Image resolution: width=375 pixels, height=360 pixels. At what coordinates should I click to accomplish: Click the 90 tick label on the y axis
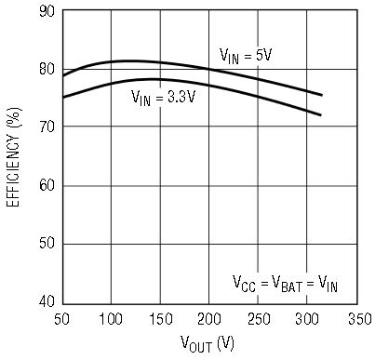(x=47, y=11)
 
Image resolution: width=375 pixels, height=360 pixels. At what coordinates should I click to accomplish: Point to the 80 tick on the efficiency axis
(x=47, y=69)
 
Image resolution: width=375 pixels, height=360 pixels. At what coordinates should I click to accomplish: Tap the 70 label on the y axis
(x=47, y=127)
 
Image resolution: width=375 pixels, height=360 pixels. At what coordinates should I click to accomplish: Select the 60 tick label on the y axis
(x=47, y=185)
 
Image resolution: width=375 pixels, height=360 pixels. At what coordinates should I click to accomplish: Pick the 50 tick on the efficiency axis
(x=47, y=243)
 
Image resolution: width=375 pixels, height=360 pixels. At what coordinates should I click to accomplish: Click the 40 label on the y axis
(x=47, y=300)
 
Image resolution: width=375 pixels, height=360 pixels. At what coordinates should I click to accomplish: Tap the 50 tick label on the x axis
(x=62, y=319)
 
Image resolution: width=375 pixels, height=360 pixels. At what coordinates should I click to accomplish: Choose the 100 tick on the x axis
(x=111, y=319)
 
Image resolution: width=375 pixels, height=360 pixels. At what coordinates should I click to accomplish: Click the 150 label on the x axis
(x=161, y=319)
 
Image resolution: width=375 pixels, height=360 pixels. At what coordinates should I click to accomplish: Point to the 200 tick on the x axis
(x=209, y=319)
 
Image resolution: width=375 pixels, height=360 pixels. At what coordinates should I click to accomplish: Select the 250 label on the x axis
(x=259, y=319)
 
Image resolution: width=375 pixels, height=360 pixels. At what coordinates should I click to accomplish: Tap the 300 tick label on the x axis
(x=307, y=319)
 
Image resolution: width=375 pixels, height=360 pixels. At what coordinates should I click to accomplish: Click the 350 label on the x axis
(x=360, y=319)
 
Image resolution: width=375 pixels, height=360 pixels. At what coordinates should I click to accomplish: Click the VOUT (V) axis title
(x=208, y=343)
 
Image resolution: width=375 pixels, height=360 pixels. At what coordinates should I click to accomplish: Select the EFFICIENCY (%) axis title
(x=14, y=157)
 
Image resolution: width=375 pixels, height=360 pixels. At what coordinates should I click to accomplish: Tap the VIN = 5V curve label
(x=246, y=56)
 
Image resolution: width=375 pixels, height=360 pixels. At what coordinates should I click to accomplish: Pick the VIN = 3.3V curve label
(x=164, y=98)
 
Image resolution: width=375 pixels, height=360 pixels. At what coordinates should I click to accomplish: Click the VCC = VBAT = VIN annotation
(x=285, y=284)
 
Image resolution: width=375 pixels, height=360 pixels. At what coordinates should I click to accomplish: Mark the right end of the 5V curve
(x=322, y=95)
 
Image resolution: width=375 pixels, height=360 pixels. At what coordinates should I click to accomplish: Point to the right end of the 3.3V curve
(x=321, y=115)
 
